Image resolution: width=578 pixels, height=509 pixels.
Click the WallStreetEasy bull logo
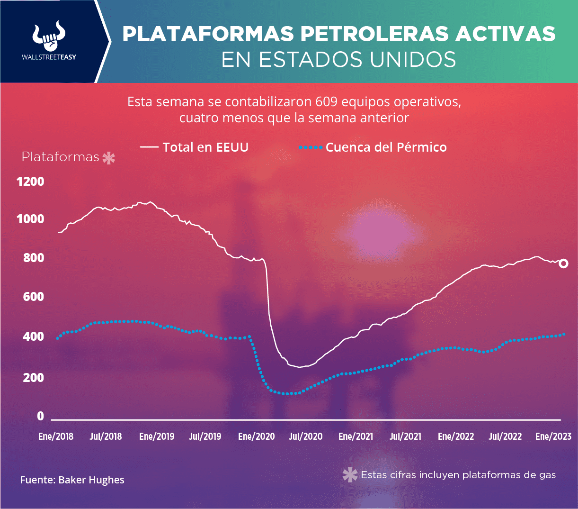pos(49,36)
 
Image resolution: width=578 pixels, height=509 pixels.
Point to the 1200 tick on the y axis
pos(30,182)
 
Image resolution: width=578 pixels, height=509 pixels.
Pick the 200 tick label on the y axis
pos(34,378)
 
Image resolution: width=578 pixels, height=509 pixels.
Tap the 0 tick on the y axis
pos(40,416)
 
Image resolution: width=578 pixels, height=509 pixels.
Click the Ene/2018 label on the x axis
pos(56,436)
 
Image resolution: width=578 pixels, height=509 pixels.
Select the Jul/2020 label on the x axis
pos(306,436)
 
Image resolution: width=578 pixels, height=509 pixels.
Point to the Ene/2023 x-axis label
pos(553,436)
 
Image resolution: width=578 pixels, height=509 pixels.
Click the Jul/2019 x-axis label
pos(205,436)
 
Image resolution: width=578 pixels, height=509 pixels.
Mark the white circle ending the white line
pos(563,264)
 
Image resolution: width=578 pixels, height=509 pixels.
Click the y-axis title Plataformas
pos(61,157)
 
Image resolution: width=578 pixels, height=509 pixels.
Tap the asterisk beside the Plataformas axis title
pos(109,158)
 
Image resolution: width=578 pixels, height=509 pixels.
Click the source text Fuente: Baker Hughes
pos(72,480)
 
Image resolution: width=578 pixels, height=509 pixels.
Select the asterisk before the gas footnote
pos(350,475)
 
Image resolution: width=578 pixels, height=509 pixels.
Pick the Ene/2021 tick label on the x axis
pos(356,436)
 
